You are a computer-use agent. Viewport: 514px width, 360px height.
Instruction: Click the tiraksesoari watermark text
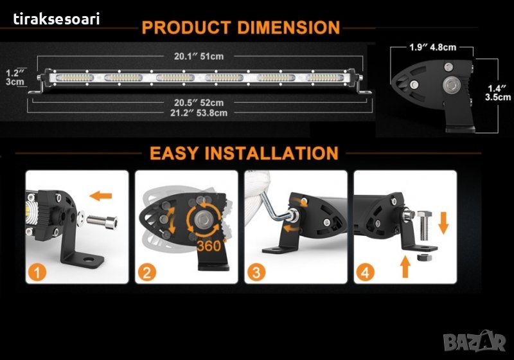[57, 19]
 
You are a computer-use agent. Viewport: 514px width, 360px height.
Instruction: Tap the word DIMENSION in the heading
[288, 28]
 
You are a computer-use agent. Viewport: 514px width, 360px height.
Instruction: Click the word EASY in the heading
[174, 153]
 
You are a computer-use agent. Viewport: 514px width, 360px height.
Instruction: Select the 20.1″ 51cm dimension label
[199, 57]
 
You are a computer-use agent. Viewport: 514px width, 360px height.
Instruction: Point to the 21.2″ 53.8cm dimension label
[199, 113]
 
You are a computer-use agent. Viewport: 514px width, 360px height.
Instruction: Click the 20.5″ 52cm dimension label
[199, 103]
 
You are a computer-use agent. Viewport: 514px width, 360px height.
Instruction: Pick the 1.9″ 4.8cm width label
[432, 48]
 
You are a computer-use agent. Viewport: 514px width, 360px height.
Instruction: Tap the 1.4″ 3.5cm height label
[498, 93]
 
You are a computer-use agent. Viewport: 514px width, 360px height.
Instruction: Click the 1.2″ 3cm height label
[15, 77]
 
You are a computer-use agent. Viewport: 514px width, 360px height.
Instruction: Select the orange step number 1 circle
[37, 273]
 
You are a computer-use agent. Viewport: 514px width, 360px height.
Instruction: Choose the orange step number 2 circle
[146, 273]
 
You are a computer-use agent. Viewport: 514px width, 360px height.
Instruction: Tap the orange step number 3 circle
[256, 273]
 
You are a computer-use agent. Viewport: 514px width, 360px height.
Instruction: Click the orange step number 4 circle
[365, 273]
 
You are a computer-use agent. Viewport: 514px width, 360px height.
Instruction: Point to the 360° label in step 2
[212, 246]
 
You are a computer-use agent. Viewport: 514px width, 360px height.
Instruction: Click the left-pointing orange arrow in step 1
[101, 196]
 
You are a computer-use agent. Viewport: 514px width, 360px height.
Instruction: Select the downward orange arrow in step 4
[443, 223]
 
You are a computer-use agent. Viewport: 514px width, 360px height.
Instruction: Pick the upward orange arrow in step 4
[405, 267]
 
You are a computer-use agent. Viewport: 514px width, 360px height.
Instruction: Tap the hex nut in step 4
[423, 257]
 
